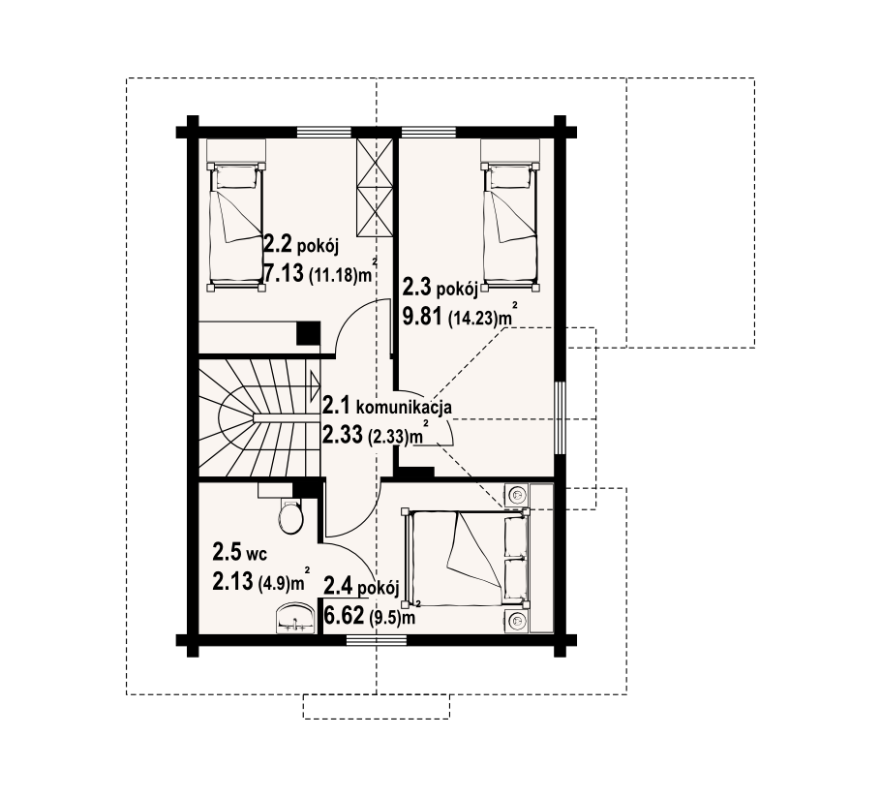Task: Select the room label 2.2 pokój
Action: pyautogui.click(x=301, y=245)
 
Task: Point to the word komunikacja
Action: pyautogui.click(x=404, y=407)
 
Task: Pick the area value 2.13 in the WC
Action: pyautogui.click(x=232, y=581)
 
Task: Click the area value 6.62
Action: pyautogui.click(x=345, y=616)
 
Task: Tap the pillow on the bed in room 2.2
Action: pyautogui.click(x=236, y=179)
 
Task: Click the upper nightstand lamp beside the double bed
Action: pyautogui.click(x=516, y=495)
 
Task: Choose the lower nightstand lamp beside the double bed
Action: pyautogui.click(x=516, y=621)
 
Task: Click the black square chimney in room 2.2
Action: pyautogui.click(x=309, y=333)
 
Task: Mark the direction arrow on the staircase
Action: pyautogui.click(x=314, y=386)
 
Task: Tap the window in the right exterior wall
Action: pyautogui.click(x=561, y=418)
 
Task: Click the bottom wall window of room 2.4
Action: pyautogui.click(x=377, y=639)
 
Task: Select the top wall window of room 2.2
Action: pyautogui.click(x=324, y=133)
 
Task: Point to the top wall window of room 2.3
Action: pyautogui.click(x=429, y=133)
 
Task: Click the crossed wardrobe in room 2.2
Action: pyautogui.click(x=375, y=188)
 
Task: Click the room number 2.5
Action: pyautogui.click(x=227, y=552)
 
